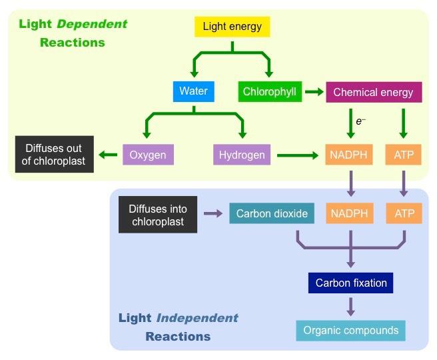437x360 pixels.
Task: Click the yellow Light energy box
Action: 232,27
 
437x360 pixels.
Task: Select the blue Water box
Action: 193,91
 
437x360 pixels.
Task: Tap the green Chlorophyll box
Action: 269,91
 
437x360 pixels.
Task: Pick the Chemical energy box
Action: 373,92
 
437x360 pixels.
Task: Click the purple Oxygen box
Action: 148,155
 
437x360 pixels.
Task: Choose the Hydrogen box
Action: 242,155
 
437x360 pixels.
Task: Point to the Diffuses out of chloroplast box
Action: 55,154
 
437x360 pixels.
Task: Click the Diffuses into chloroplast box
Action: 158,214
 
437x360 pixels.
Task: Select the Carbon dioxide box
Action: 272,214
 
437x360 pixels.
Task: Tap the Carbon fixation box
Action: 351,283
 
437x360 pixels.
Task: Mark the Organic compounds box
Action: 350,331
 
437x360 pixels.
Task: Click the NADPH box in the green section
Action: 348,155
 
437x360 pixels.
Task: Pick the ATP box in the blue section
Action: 404,214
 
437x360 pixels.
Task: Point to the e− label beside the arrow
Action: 360,121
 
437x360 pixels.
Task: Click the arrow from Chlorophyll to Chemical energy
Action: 314,91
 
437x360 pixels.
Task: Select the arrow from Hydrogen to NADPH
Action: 298,155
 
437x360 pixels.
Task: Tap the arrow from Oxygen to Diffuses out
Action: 107,155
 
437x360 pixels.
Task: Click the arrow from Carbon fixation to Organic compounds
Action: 350,307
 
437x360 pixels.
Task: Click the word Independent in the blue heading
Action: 197,318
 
